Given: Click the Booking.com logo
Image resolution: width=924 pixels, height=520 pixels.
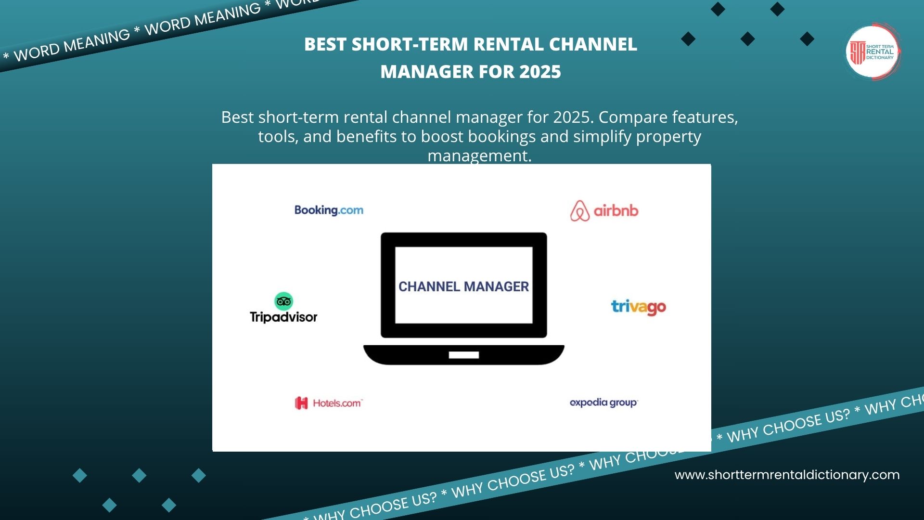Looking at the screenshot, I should click(329, 210).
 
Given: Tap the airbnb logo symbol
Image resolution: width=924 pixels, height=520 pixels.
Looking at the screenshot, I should click(579, 211).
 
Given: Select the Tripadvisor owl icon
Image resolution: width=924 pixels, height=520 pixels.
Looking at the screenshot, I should click(283, 301).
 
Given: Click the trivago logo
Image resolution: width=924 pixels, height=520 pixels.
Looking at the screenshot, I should click(638, 307).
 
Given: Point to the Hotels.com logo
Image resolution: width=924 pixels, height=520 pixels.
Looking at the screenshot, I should click(329, 403).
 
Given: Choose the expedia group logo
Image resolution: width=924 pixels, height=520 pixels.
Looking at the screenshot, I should click(603, 403).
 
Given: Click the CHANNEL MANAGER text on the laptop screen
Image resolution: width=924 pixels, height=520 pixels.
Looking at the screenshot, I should click(463, 286).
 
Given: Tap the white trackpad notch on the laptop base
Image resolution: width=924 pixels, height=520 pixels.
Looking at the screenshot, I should click(463, 355).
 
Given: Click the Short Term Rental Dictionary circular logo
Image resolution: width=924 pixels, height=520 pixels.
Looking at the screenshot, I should click(872, 52).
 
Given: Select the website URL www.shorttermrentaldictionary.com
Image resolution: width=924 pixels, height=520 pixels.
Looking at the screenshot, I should click(787, 475).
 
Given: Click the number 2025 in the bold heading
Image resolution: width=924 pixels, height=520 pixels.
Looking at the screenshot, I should click(540, 72).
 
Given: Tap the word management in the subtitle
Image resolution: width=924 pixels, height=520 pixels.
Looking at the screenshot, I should click(479, 156).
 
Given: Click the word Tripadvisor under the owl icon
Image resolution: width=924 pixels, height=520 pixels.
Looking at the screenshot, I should click(283, 317).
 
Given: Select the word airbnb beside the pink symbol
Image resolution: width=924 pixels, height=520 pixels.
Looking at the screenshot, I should click(616, 211).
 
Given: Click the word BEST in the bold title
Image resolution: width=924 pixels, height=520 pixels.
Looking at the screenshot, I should click(325, 44).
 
